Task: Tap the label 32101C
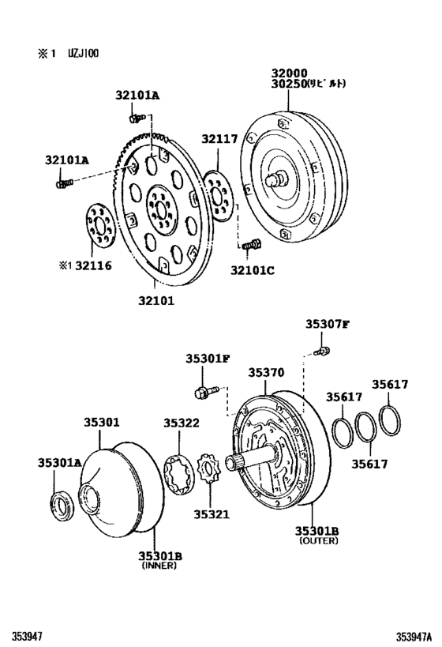(x=254, y=270)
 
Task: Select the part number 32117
(x=219, y=139)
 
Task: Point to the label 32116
(x=93, y=266)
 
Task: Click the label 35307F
(x=328, y=324)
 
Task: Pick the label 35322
(x=182, y=423)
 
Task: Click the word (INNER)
(x=161, y=566)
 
